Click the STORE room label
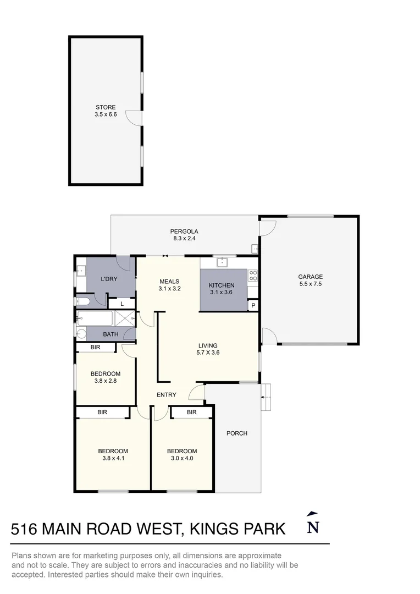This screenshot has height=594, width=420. (x=106, y=107)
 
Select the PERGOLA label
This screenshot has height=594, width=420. (x=184, y=232)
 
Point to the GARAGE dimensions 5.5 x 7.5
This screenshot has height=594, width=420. (x=310, y=284)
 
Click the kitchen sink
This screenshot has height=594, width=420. (x=222, y=262)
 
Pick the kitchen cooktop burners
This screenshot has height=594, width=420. (x=253, y=276)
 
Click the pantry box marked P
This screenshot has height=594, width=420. (x=253, y=305)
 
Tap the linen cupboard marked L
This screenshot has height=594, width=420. (x=122, y=304)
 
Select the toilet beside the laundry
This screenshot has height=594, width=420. (x=82, y=301)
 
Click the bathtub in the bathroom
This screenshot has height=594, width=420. (x=95, y=318)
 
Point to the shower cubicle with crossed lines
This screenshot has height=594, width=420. (x=125, y=318)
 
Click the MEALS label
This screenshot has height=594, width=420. (x=169, y=282)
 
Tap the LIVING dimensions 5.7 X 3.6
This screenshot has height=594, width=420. (x=208, y=353)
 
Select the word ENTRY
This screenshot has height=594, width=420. (x=166, y=395)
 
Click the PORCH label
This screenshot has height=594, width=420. (x=237, y=433)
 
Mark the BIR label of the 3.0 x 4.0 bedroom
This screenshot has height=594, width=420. (x=192, y=412)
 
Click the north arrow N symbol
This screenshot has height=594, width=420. (x=313, y=523)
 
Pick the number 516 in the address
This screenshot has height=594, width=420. (x=24, y=529)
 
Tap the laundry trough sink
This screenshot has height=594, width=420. (x=81, y=271)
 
